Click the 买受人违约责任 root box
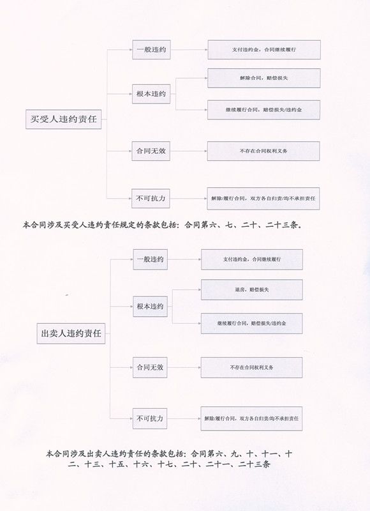tap(63, 119)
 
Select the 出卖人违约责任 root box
tap(71, 333)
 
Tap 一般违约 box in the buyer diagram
tap(151, 50)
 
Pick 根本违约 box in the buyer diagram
tap(151, 94)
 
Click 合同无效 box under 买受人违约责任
tap(151, 151)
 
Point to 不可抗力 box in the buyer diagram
tap(151, 198)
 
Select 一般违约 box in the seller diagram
tap(151, 259)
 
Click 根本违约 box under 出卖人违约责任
tap(150, 307)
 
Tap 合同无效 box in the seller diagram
tap(150, 367)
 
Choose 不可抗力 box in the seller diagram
tap(150, 418)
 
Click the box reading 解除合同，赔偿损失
tap(264, 78)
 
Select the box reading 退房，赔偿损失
tap(252, 290)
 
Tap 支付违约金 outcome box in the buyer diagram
tap(264, 50)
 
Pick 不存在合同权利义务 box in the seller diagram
tap(251, 367)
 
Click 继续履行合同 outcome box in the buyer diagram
tap(263, 110)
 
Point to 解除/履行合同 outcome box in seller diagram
tap(251, 418)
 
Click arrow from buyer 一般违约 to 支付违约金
tap(189, 50)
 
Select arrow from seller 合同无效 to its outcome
tap(184, 367)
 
